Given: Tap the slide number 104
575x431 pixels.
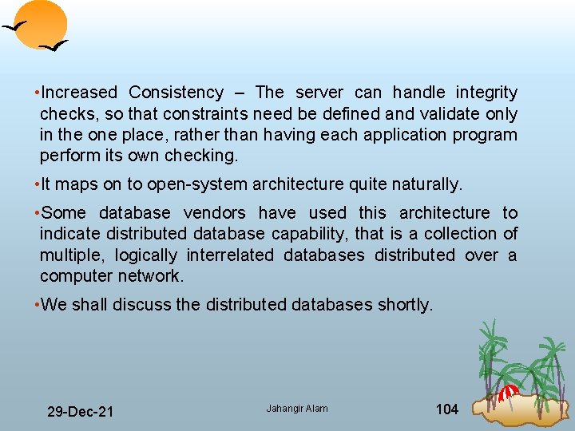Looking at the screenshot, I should [446, 409].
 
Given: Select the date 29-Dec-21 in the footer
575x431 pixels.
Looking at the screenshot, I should [80, 412].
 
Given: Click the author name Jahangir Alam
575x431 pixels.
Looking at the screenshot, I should [297, 409].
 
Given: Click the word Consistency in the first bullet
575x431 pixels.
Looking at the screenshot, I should [176, 93].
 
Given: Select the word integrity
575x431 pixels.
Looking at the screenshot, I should [486, 93].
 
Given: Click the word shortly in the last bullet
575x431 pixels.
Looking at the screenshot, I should [404, 304].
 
